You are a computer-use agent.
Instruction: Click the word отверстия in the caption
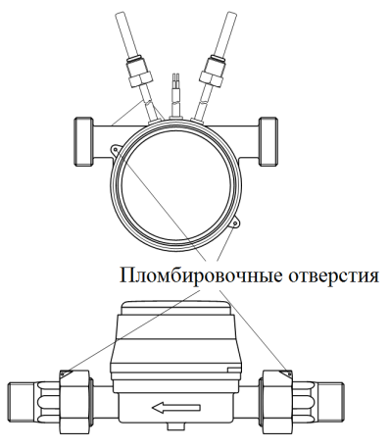(x=327, y=274)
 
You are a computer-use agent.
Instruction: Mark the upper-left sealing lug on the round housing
(x=117, y=151)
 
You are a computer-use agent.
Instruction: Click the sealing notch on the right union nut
(x=284, y=373)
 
